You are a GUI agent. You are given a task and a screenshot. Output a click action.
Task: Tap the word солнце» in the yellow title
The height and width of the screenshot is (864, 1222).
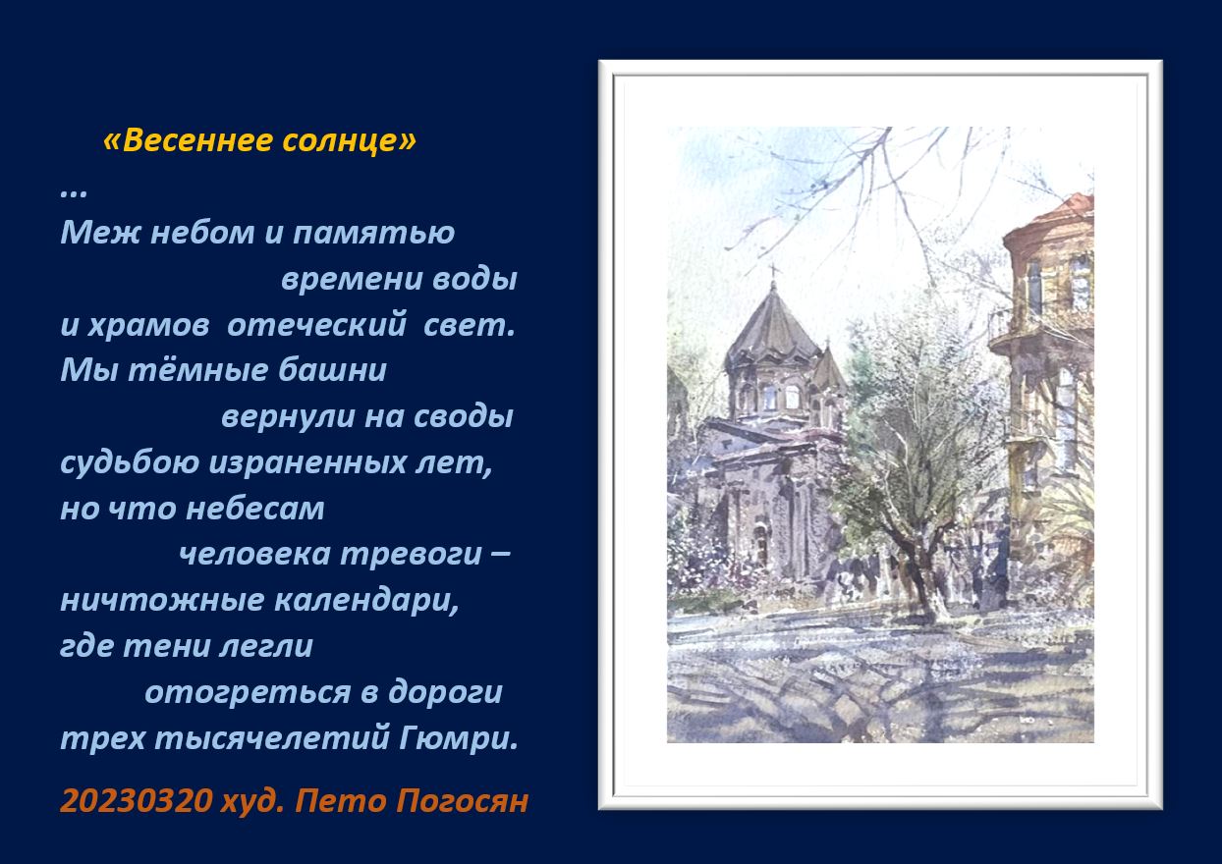[x=350, y=140]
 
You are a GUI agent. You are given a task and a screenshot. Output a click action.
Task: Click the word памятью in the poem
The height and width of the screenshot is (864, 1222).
[x=373, y=233]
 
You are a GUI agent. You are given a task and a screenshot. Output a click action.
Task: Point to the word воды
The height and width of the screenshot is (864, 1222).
[x=474, y=279]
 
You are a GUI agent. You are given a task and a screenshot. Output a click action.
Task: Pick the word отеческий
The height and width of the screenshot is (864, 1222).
[x=317, y=325]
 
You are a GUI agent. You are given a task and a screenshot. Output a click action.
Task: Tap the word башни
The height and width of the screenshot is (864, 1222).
[x=332, y=370]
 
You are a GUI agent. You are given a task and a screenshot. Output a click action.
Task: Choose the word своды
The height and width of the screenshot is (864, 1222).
[x=463, y=416]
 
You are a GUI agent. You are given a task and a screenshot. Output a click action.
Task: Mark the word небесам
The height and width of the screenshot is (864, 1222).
[x=254, y=510]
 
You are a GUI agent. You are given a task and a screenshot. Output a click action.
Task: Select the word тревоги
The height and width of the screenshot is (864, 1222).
[x=411, y=555]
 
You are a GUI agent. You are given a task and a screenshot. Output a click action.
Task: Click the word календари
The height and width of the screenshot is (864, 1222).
[x=366, y=601]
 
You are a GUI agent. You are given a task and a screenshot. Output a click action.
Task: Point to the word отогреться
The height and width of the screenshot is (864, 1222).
[x=248, y=693]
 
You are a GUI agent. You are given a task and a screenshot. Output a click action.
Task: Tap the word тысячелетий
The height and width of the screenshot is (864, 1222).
[x=272, y=738]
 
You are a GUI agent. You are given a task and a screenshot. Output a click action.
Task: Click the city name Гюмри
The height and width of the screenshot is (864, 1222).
[x=458, y=738]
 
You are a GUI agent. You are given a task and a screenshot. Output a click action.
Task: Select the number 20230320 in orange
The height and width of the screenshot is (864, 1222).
[x=136, y=801]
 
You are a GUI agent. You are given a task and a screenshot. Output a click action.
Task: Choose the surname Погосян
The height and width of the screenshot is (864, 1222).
[x=462, y=801]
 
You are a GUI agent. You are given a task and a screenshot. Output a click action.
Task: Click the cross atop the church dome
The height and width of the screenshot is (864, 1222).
[x=773, y=271]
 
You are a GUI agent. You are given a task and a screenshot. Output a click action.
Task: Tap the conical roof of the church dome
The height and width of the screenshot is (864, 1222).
[x=773, y=327]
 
